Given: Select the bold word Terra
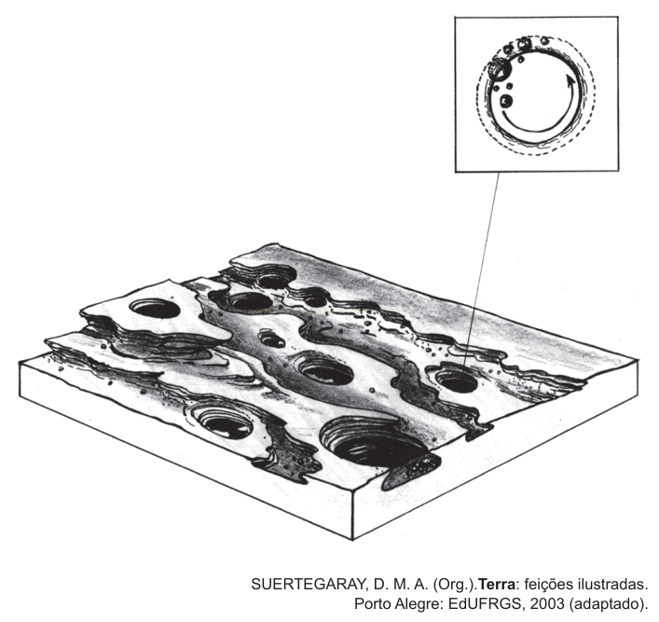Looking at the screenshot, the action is (497, 584).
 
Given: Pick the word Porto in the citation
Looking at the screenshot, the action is (372, 603).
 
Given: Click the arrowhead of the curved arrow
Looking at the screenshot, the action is (570, 80).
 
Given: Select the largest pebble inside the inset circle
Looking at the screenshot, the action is (500, 69).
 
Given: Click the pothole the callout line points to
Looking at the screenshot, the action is (456, 381).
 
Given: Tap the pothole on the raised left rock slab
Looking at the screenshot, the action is (155, 309).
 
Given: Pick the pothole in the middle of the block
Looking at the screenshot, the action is (326, 373).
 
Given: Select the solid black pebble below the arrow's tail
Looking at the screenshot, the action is (506, 102).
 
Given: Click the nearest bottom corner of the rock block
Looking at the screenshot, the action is (352, 540).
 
